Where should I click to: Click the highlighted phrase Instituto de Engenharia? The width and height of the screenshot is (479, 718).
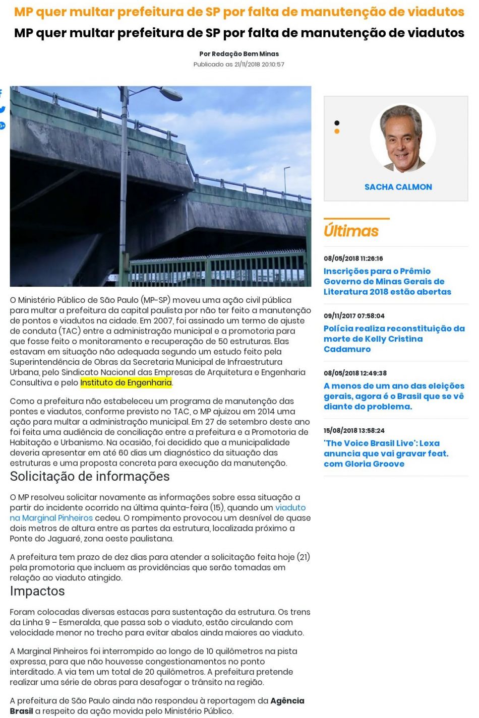coord(126,382)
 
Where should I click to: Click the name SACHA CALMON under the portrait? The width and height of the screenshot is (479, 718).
coord(398,187)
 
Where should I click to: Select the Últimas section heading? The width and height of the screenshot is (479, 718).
coord(351,231)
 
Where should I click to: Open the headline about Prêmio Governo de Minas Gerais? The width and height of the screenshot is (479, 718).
coord(387,281)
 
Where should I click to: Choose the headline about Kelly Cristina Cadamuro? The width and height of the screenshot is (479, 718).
coord(394,339)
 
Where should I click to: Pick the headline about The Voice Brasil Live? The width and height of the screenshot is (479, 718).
coord(386,453)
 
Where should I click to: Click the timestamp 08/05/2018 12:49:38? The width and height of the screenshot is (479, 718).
coord(355,373)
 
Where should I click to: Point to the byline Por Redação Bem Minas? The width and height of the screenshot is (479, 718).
coord(239,54)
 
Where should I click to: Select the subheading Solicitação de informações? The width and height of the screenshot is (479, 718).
coord(90,477)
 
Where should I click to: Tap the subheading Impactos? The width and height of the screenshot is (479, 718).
coord(37,591)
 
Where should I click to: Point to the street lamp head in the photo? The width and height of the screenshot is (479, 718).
coord(169,94)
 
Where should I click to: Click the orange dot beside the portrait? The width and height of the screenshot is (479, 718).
coord(337,131)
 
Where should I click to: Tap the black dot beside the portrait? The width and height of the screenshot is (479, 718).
coord(337,123)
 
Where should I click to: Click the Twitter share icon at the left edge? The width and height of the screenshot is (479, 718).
coord(3,109)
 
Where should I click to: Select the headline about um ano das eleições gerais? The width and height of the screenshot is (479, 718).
coord(393,396)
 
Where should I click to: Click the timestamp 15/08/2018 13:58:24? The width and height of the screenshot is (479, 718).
coord(354,430)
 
